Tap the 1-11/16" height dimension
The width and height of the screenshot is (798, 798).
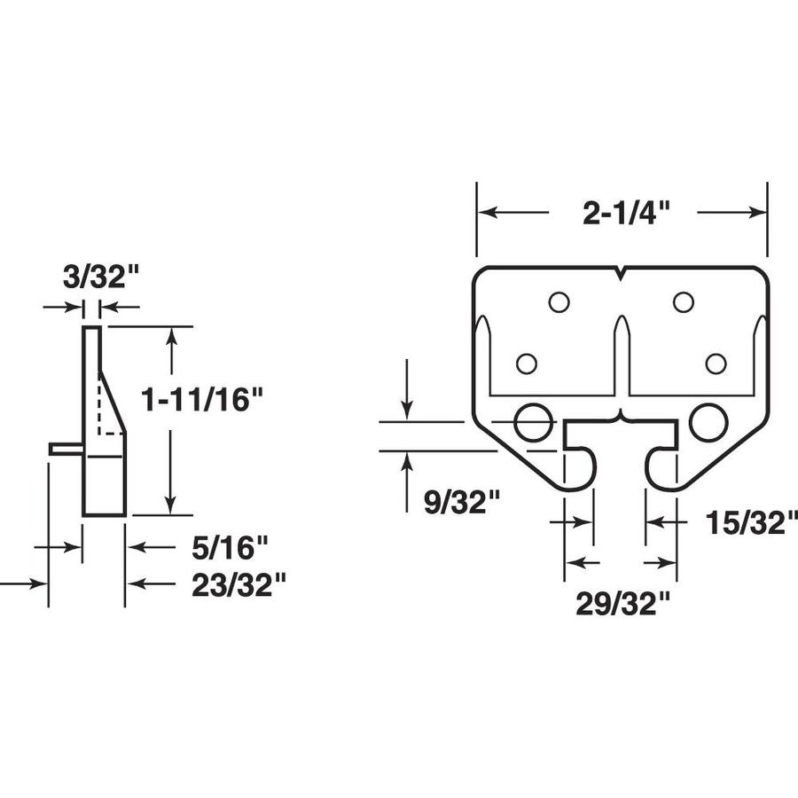(203, 400)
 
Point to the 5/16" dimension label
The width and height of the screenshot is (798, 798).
(229, 548)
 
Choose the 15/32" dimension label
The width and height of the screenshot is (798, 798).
(747, 522)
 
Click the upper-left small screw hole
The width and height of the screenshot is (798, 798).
(559, 302)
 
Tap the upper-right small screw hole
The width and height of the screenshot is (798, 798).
(683, 302)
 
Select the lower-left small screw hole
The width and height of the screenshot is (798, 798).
(527, 364)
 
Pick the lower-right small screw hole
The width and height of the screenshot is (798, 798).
(716, 364)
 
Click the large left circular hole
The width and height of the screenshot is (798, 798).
(533, 422)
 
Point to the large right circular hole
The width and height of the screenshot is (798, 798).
(708, 422)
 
